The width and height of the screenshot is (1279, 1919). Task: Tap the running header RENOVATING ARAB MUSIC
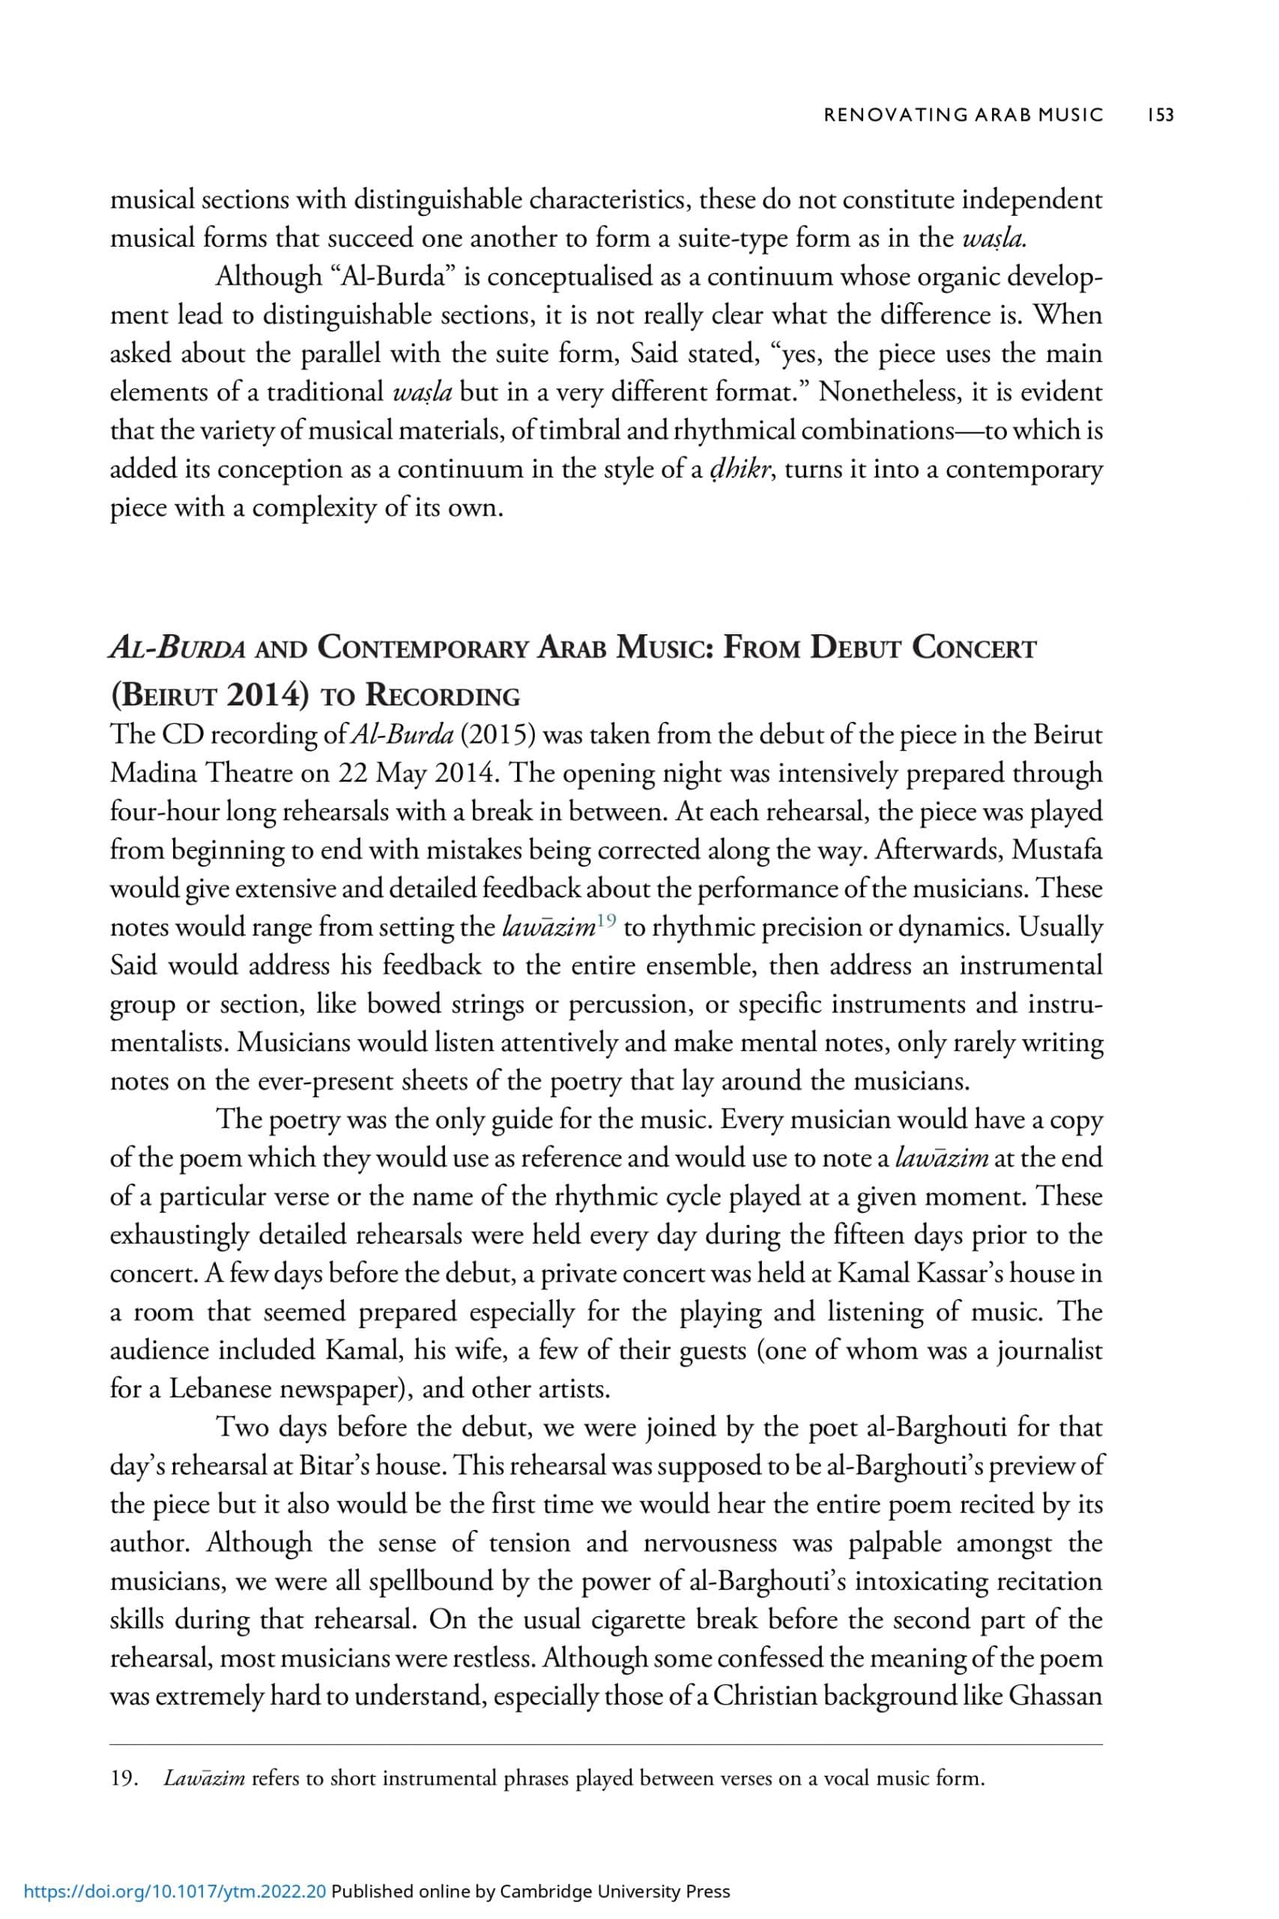coord(964,115)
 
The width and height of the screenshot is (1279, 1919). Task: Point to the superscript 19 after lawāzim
coord(605,923)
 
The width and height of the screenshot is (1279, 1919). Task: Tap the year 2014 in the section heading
coord(273,695)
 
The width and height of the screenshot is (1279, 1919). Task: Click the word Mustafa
coord(1056,850)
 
